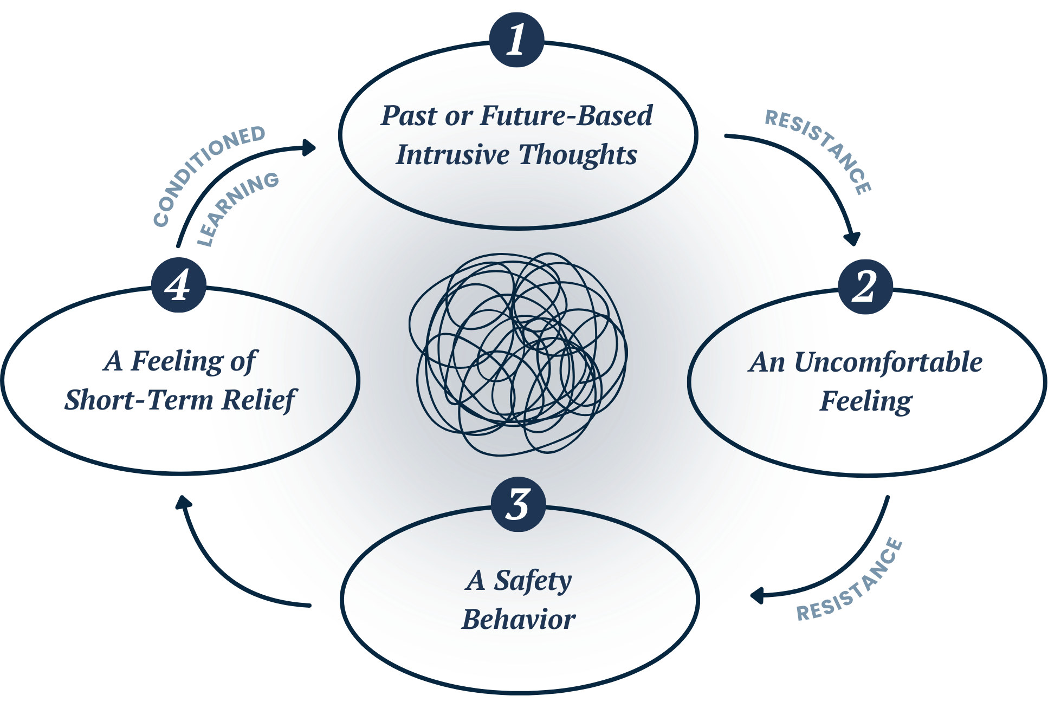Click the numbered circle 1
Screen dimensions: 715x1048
(516, 40)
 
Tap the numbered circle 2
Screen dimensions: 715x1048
(865, 287)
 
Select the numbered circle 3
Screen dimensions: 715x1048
(519, 504)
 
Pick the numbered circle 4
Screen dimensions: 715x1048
(178, 285)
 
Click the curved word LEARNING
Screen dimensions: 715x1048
(237, 209)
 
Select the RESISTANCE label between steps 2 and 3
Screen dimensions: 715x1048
(851, 582)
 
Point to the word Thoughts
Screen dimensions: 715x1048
(578, 155)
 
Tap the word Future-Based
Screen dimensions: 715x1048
(566, 116)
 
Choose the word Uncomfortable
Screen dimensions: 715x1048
(889, 362)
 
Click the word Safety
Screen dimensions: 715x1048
(533, 581)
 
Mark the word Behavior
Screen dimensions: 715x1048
(519, 620)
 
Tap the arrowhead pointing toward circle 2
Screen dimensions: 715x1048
(853, 239)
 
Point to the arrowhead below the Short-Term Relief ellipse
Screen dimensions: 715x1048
(183, 502)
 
